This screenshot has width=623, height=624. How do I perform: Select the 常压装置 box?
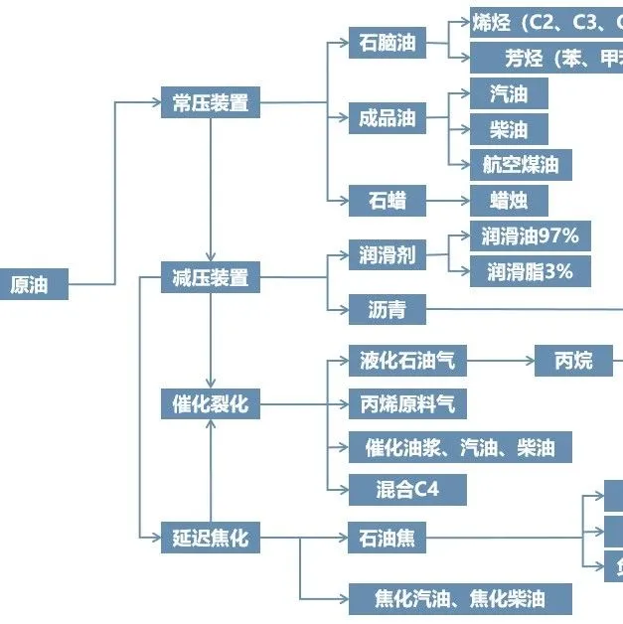click(x=210, y=102)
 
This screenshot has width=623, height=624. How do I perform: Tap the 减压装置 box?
click(x=210, y=277)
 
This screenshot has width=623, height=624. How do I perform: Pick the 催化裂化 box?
click(x=210, y=404)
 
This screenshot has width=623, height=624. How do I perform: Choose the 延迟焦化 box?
click(x=210, y=540)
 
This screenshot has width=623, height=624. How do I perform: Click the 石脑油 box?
click(x=388, y=43)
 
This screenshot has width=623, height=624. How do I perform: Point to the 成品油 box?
click(x=388, y=119)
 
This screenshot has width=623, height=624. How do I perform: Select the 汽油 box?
click(x=508, y=94)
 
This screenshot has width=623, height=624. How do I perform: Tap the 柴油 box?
click(x=508, y=129)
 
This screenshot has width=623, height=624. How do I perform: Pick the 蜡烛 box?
click(x=508, y=201)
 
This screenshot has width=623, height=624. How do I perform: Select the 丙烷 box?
click(x=573, y=361)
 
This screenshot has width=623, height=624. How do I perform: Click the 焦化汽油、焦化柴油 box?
click(x=460, y=598)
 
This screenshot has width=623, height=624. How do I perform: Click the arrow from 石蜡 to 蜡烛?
click(x=448, y=201)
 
